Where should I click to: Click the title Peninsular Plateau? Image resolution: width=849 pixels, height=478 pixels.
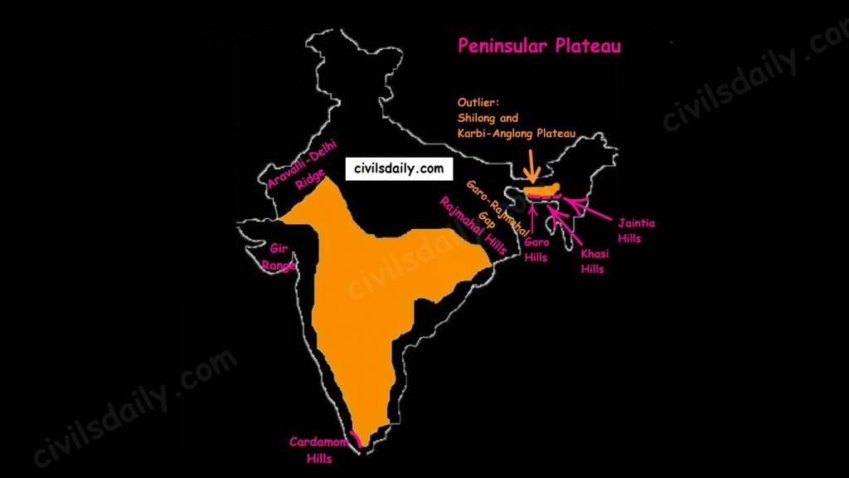coord(539,46)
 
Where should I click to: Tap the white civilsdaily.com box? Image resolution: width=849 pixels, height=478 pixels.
coord(399,168)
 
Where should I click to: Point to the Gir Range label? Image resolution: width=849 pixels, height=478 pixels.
coord(279,256)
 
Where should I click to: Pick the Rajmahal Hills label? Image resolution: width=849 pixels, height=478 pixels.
coord(473,227)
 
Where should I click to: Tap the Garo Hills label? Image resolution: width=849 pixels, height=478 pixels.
coord(536,250)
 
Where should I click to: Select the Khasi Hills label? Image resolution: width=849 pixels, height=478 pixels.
coord(593,261)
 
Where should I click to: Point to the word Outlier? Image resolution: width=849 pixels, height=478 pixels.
coord(478,103)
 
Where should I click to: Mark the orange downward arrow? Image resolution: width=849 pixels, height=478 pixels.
coord(531,164)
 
